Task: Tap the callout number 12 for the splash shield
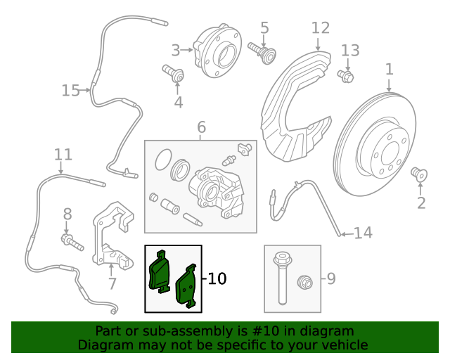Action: pos(320,28)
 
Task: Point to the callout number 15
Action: pos(70,91)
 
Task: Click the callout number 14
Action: pos(363,233)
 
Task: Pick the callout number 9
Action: pos(330,279)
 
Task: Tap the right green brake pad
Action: pos(186,288)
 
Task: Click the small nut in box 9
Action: pos(306,283)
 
